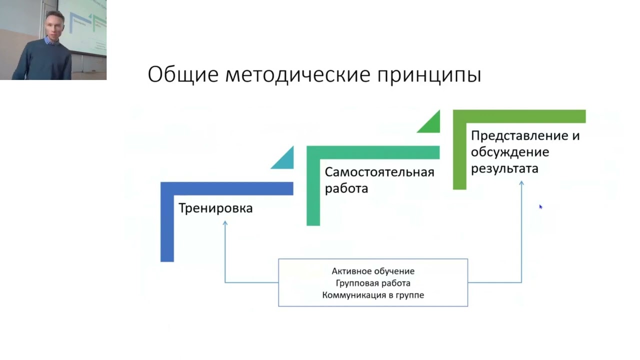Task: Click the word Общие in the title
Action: coord(183,75)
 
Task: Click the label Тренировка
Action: coord(215,208)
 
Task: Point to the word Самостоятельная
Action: coord(379,172)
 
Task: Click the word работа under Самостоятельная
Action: coord(346,188)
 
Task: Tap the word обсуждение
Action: coord(510,152)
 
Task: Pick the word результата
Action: coord(504,169)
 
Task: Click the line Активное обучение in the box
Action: coord(373,271)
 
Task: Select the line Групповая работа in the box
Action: coord(373,283)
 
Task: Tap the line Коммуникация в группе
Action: coord(373,295)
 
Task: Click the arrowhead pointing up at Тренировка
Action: coord(225,223)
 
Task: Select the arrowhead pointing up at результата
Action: coord(521,183)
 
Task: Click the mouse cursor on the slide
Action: coord(540,207)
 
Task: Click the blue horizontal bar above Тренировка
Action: coord(227,188)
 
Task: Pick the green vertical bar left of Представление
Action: coord(459,156)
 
